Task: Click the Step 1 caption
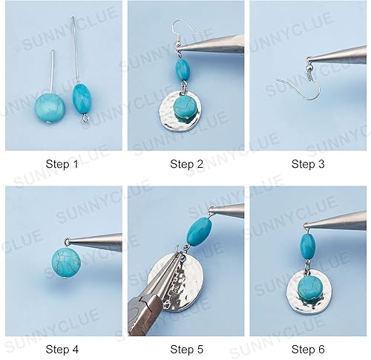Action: point(62,164)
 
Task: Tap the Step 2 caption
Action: point(185,164)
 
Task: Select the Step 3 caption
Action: point(308,164)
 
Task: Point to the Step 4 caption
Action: point(62,348)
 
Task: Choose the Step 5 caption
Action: point(185,348)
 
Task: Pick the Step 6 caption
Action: point(308,348)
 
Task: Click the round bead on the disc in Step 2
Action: point(182,110)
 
